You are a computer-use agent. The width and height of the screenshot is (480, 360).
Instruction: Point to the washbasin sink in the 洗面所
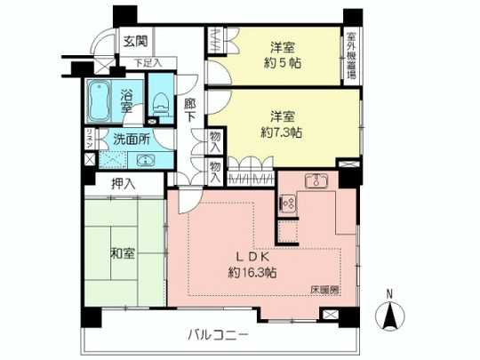147,160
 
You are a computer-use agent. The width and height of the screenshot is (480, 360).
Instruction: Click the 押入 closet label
124,184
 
